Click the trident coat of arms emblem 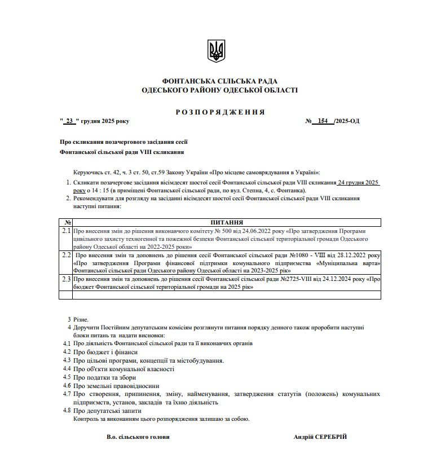point(216,51)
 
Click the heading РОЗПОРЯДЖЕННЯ point(220,112)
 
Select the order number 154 point(323,121)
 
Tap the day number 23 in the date point(69,121)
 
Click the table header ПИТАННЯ point(227,223)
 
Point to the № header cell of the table point(65,223)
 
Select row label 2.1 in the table point(66,231)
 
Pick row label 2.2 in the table point(66,256)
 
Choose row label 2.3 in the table point(66,279)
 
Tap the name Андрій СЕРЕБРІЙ point(320,437)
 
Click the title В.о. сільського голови point(138,437)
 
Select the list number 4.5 point(67,377)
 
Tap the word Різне point(81,319)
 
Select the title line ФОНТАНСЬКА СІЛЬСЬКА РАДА point(219,81)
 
